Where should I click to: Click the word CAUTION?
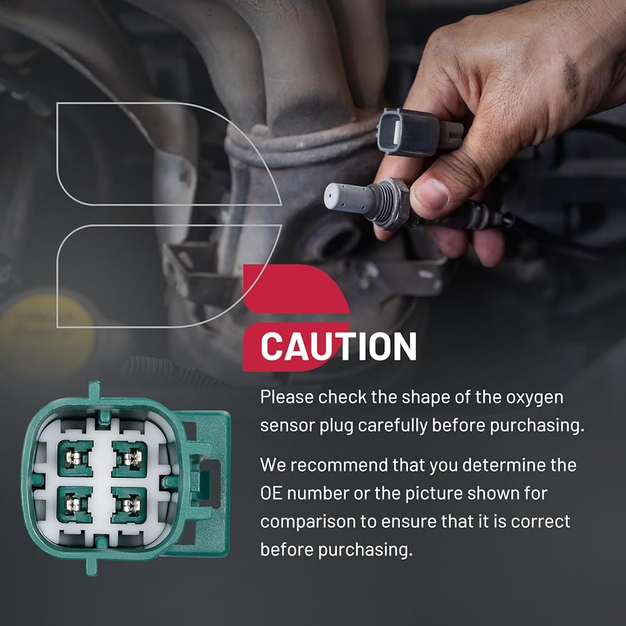tap(339, 347)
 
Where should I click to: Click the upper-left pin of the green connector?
tap(74, 458)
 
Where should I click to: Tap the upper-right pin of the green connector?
tap(130, 458)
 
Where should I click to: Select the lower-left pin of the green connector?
tap(74, 505)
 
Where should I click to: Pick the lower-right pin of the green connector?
tap(129, 505)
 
